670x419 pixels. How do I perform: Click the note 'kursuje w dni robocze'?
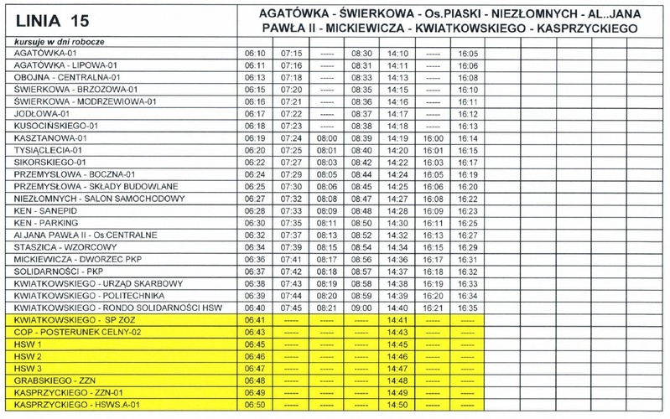[49, 41]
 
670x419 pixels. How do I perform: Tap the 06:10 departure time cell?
[255, 53]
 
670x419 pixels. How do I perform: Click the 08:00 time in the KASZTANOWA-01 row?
[326, 137]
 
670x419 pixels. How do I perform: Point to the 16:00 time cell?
[434, 137]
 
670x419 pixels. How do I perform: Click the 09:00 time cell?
[361, 308]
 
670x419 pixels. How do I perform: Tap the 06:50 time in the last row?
[255, 405]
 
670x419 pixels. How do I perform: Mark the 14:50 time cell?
[397, 405]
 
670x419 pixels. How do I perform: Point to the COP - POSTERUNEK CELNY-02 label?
[68, 332]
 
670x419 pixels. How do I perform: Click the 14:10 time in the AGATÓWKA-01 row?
[397, 53]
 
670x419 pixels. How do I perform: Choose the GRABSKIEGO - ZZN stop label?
[49, 380]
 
